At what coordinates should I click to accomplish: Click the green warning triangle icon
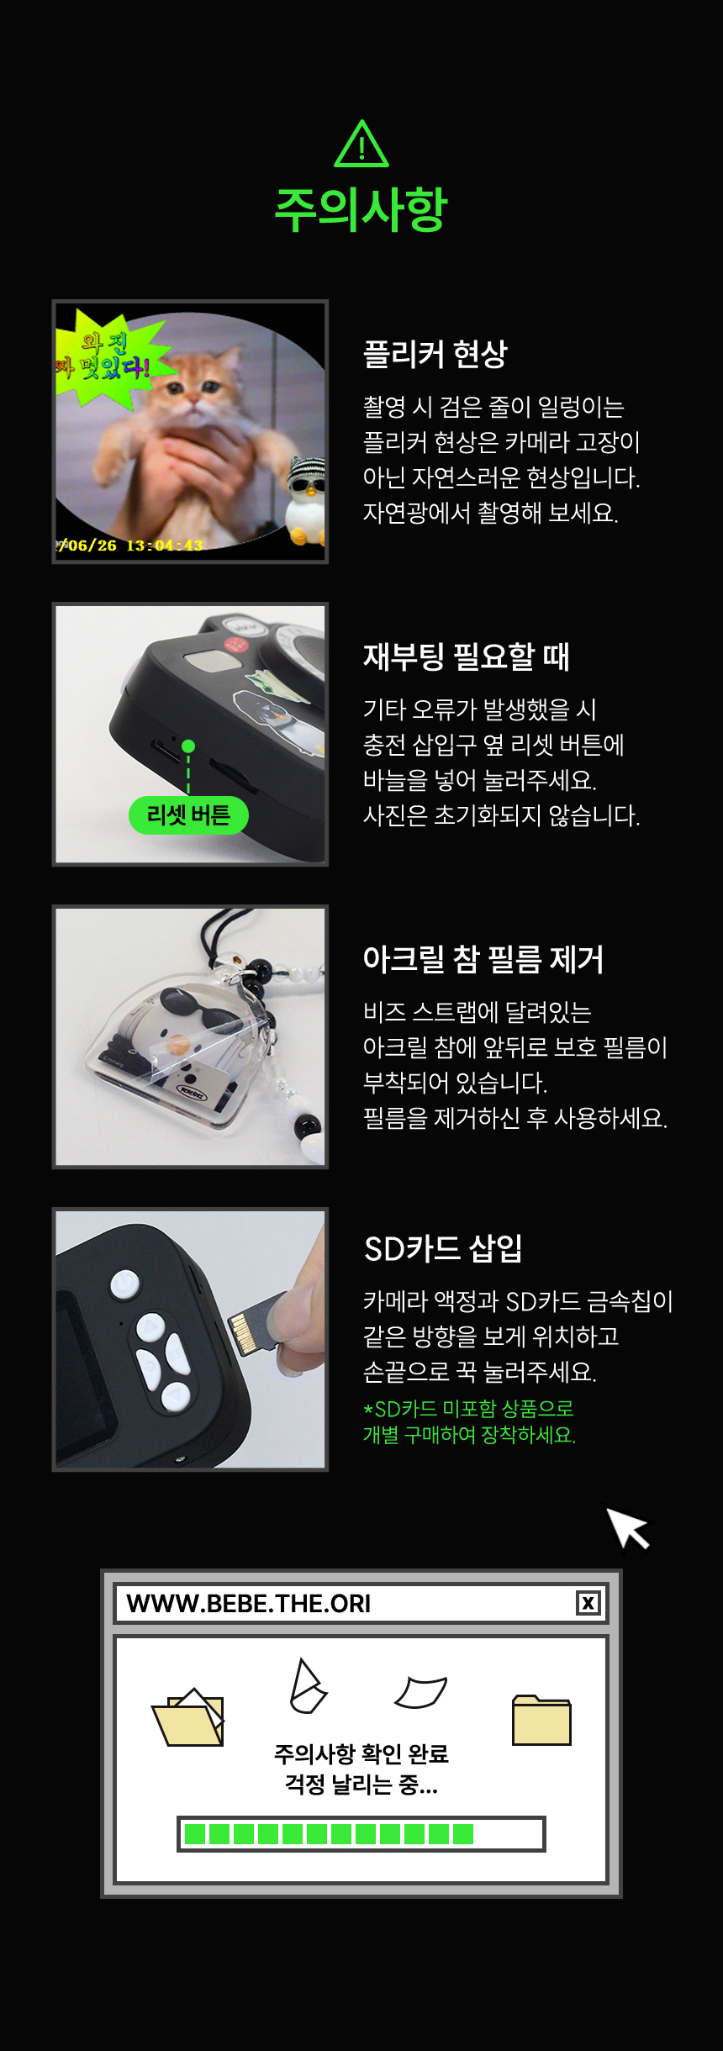click(361, 145)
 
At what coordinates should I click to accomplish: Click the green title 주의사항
click(361, 209)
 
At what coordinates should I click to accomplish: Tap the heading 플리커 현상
click(435, 354)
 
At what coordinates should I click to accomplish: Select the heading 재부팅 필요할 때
click(467, 656)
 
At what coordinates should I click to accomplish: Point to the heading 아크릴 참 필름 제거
click(483, 958)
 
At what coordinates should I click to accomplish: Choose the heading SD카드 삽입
click(443, 1248)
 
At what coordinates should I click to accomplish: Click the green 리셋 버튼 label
click(188, 815)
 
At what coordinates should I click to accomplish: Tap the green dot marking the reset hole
click(188, 746)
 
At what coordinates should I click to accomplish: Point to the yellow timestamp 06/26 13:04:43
click(130, 546)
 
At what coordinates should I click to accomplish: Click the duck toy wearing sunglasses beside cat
click(304, 501)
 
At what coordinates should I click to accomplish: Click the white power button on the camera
click(125, 1284)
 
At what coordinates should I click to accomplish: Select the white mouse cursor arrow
click(628, 1527)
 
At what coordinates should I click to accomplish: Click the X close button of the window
click(588, 1603)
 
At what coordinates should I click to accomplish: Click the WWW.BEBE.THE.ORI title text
click(249, 1604)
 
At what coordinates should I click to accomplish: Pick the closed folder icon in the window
click(541, 1720)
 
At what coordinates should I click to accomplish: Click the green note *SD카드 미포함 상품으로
click(468, 1408)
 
